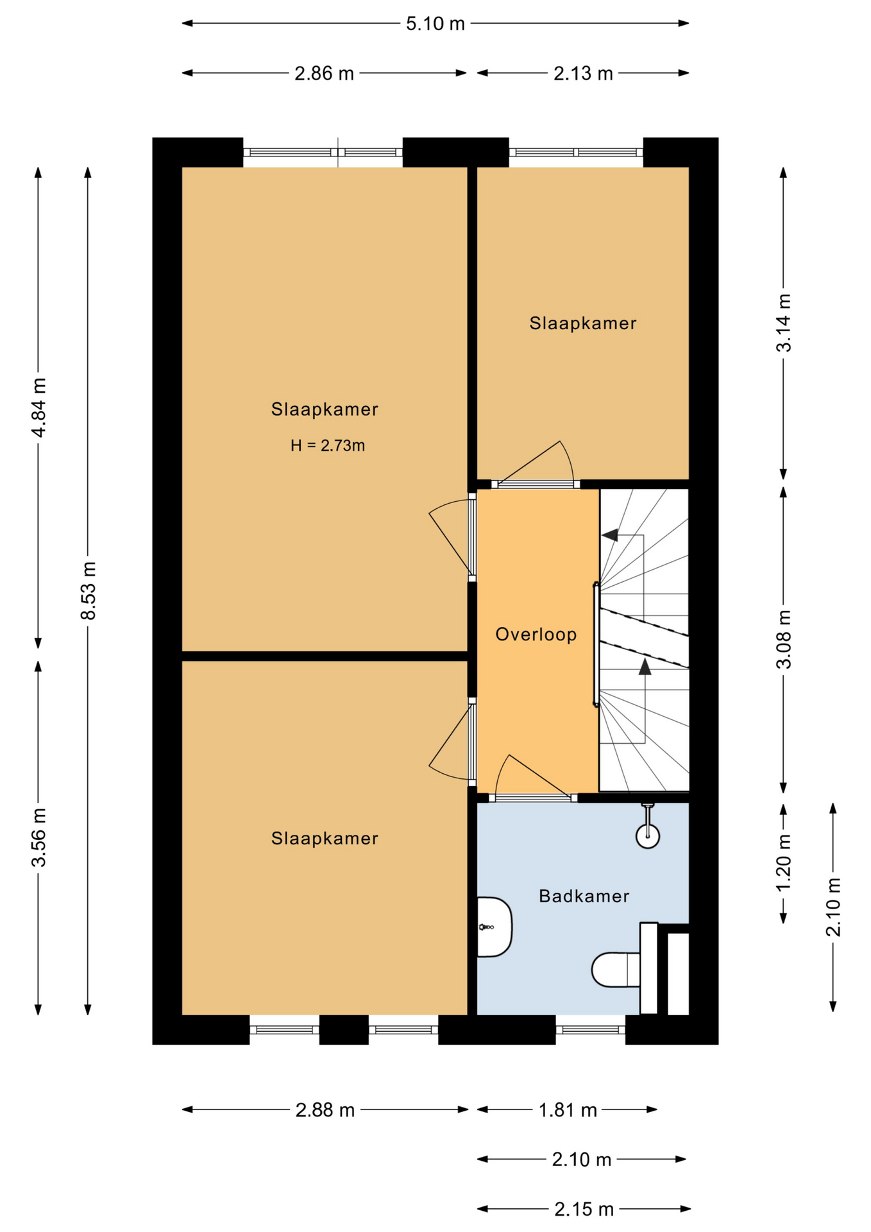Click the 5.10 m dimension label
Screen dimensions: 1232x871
(435, 24)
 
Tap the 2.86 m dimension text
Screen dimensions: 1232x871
(324, 74)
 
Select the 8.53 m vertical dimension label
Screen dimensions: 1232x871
(89, 590)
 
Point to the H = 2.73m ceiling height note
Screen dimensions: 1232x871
(327, 445)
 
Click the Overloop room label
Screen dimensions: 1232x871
(536, 635)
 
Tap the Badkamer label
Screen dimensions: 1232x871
(584, 896)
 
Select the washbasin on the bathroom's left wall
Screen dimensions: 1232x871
(494, 927)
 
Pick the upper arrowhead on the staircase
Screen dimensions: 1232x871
(611, 535)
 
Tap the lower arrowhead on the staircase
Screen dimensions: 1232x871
(645, 667)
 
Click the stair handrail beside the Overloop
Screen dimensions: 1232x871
(596, 644)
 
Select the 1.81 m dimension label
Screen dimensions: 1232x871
(567, 1110)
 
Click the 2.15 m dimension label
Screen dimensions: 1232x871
(584, 1210)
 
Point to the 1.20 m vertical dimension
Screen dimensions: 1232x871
(784, 863)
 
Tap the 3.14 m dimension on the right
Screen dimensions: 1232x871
(784, 323)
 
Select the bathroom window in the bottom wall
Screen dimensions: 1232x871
(590, 1030)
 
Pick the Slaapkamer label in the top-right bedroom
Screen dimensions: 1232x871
(582, 323)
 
